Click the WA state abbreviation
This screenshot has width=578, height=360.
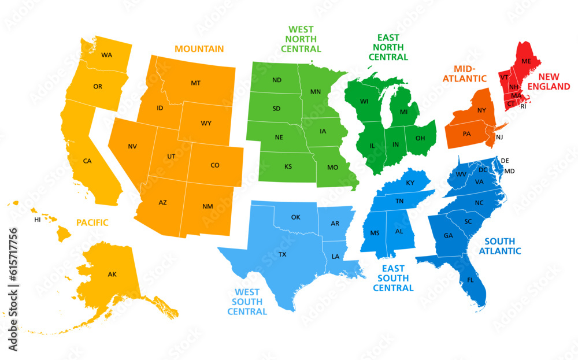pos(106,55)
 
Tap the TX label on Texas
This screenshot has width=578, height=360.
pos(282,254)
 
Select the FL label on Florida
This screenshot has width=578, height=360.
pos(470,280)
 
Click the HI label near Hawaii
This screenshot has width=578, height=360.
pos(38,220)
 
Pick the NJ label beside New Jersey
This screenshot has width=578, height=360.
pos(499,137)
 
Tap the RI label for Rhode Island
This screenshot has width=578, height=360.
pos(524,106)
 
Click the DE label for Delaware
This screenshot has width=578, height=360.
pos(505,161)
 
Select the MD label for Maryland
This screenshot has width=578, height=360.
pos(509,172)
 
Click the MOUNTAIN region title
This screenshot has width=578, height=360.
pos(199,49)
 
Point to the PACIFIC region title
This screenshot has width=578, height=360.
pos(92,222)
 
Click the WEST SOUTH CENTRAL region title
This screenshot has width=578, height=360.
pos(247,302)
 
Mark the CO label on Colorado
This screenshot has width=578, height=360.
pos(215,165)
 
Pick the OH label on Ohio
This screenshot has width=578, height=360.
pos(420,138)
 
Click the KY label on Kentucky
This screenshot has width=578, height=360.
pos(410,183)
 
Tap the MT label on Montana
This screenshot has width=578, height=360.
pos(195,83)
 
